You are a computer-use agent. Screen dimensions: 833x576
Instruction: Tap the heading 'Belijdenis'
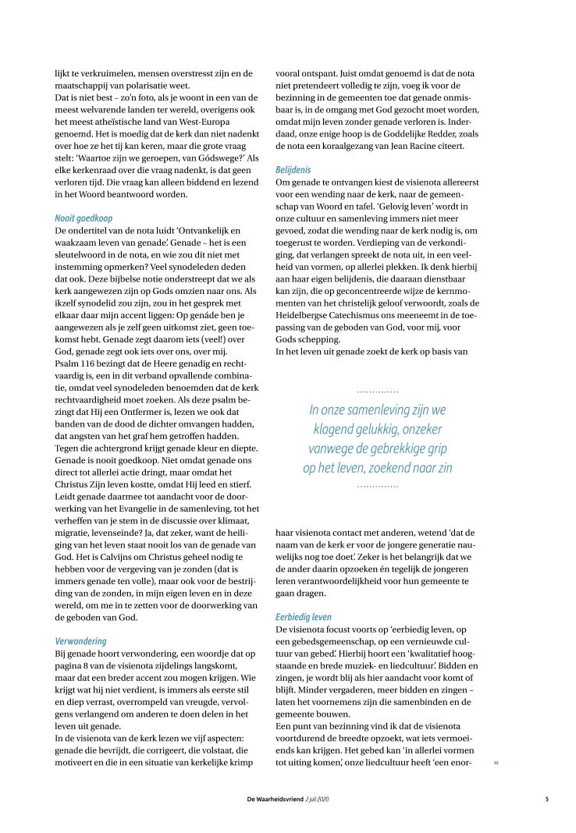click(x=293, y=168)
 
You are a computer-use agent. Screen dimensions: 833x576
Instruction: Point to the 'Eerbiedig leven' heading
click(x=304, y=616)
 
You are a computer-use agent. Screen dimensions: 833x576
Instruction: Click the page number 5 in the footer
click(x=547, y=798)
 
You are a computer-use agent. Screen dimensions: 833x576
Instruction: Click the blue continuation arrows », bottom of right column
click(x=496, y=762)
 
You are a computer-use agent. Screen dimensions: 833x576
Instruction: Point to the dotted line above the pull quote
click(x=378, y=390)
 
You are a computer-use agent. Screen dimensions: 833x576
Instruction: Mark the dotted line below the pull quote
click(x=378, y=486)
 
